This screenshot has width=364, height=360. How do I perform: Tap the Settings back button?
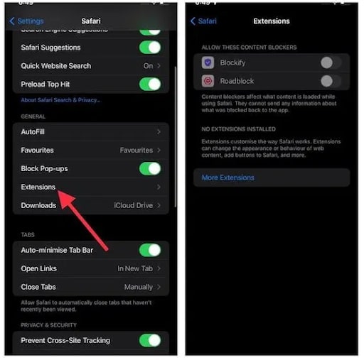[26, 21]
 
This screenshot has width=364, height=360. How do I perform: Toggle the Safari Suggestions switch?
[150, 48]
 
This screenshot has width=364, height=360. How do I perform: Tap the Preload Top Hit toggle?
[150, 84]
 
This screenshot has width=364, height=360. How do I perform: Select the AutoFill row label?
[33, 132]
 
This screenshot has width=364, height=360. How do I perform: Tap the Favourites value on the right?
[136, 151]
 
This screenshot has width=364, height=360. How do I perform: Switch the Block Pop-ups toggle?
[150, 169]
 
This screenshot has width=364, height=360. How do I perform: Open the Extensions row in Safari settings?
[38, 187]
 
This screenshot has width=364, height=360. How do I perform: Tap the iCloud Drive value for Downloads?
[134, 206]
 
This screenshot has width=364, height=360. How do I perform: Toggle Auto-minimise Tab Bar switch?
[150, 250]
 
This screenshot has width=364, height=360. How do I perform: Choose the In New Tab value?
[135, 268]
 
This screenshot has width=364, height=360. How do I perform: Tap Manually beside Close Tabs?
[138, 287]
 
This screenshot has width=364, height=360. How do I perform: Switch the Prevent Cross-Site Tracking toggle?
[150, 340]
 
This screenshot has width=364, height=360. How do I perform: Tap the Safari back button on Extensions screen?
[203, 21]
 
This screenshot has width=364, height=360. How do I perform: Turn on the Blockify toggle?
[330, 62]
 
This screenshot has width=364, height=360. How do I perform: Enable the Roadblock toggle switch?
[330, 81]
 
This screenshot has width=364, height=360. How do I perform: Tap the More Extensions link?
[227, 178]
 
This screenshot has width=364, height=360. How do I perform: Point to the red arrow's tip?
[60, 192]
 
